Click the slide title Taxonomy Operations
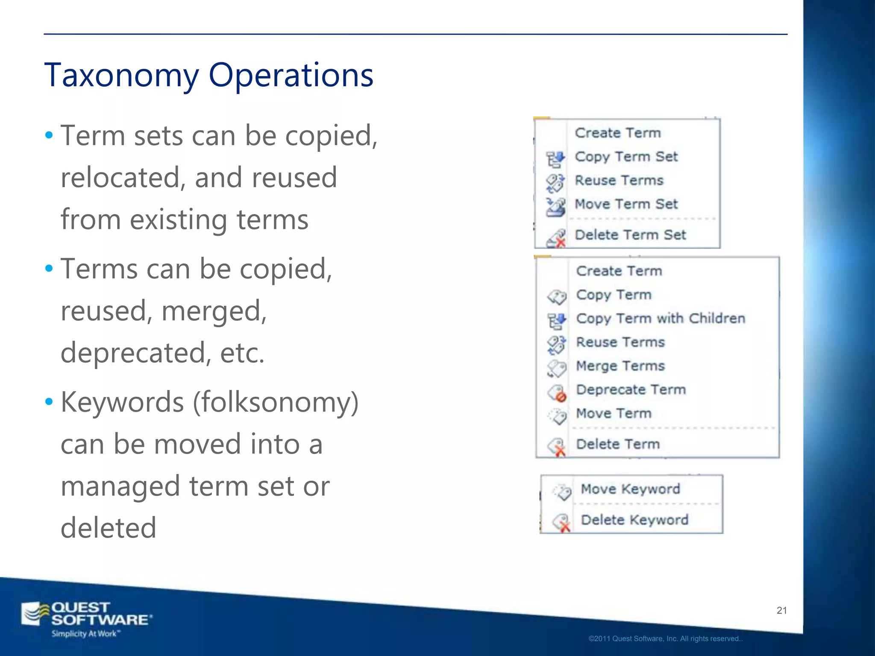pos(208,75)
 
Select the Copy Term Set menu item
pos(626,157)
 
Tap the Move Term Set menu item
pos(626,204)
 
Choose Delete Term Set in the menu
pos(630,235)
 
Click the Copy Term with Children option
pos(661,319)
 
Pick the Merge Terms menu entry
pos(620,366)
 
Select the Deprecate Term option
pos(631,389)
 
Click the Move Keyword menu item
pos(630,489)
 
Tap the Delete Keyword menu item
pos(634,520)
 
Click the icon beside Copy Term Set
pos(556,159)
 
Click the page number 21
pos(782,610)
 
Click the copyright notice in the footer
pos(665,639)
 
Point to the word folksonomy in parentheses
pos(276,402)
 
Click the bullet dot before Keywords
pos(49,401)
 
